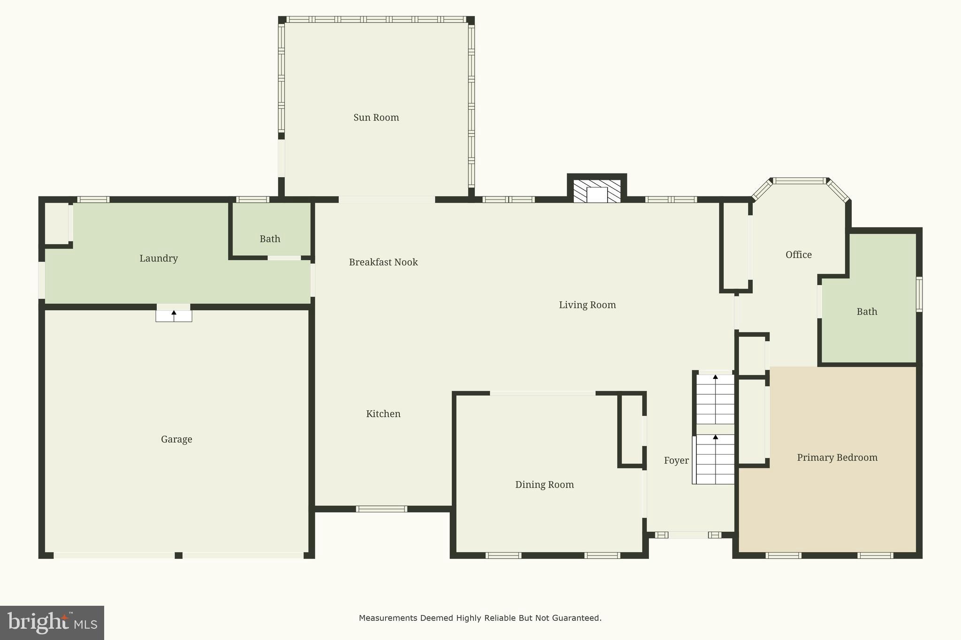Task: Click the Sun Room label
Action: point(376,118)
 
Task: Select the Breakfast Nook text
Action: point(383,262)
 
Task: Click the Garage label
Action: point(176,439)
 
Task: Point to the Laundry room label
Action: point(158,258)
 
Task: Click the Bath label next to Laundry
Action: point(270,239)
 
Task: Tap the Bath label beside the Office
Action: point(866,312)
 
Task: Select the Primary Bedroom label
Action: point(837,458)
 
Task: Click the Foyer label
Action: point(676,460)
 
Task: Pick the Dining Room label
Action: point(544,485)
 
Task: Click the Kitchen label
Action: point(383,414)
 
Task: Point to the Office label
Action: point(798,255)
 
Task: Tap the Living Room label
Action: point(587,305)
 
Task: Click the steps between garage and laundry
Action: point(174,316)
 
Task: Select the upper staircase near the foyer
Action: point(715,399)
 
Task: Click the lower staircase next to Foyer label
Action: point(715,459)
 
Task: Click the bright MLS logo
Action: point(52,623)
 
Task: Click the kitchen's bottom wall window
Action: point(381,509)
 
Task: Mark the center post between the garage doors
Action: point(178,556)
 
